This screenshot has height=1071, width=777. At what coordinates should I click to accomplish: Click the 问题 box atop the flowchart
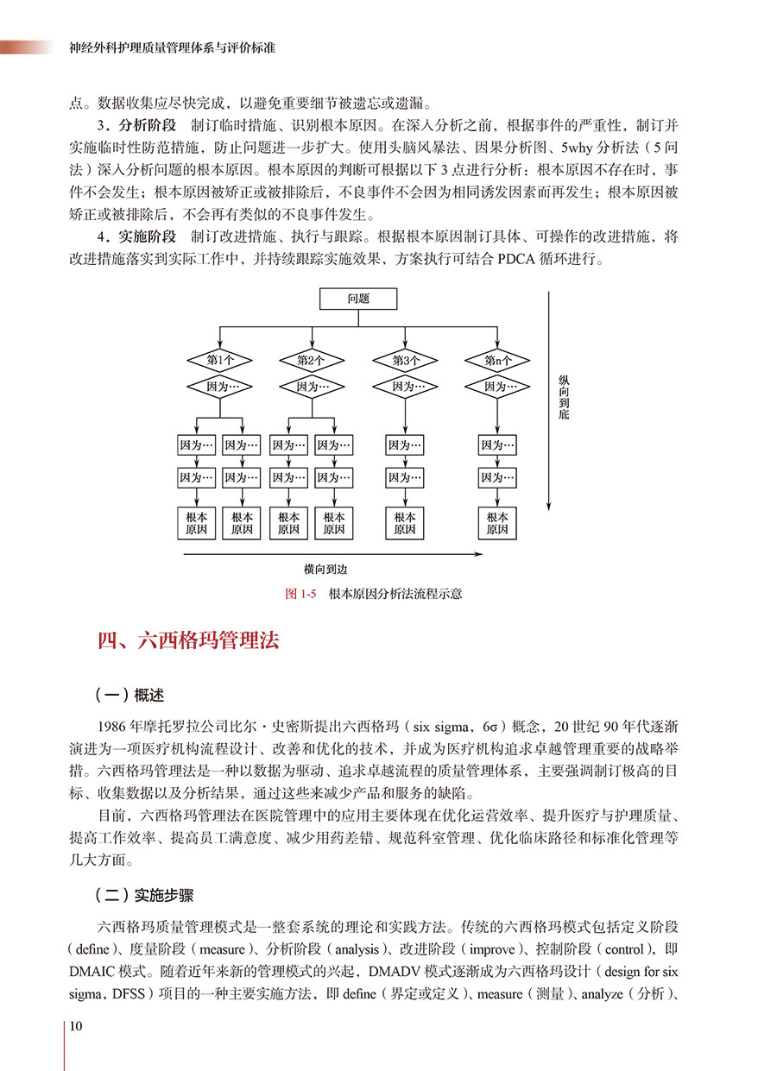(358, 299)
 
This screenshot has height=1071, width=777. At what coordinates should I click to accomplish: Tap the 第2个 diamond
(312, 360)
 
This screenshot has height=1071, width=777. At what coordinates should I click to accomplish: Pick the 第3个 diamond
(406, 360)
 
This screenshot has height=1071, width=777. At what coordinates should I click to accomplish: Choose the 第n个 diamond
(497, 360)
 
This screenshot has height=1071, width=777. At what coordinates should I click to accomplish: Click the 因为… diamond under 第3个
(406, 387)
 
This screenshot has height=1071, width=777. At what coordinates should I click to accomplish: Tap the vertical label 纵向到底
(564, 397)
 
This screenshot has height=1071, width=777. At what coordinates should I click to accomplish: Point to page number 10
(76, 1026)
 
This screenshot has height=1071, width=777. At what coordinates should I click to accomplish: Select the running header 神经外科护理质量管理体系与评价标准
(171, 48)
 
